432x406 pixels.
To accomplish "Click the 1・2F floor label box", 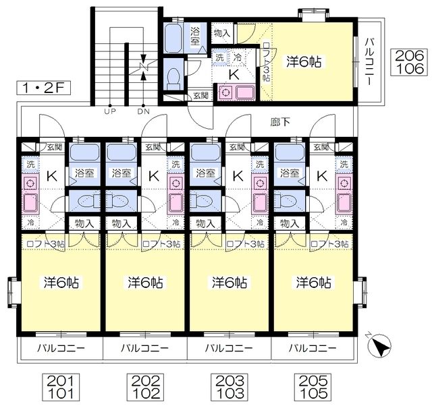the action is coord(43,88).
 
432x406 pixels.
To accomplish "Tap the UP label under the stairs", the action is coord(110,111).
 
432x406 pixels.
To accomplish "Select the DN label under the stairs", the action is coord(143,111).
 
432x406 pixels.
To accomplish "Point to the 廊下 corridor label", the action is coord(280,122).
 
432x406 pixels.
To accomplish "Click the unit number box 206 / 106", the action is coord(409,63).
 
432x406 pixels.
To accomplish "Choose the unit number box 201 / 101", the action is coord(61,386).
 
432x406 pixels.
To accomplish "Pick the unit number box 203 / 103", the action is coord(230,386).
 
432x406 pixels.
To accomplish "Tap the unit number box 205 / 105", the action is coord(313,386).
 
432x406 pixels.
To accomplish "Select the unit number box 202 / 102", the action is coord(145,386).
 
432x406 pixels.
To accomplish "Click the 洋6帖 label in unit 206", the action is coord(304,61).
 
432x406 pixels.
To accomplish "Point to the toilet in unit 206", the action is coord(173,78).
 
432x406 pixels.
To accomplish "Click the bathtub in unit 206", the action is coord(173,38).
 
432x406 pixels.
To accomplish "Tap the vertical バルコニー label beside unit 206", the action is coord(369,61).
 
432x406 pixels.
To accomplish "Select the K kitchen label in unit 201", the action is coord(52,176).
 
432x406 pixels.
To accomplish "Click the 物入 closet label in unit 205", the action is coord(290,223).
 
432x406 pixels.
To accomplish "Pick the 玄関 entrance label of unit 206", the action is coord(201,96).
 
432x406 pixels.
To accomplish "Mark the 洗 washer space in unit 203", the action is coord(260,165).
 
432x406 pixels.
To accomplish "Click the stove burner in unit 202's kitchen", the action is coord(175,183).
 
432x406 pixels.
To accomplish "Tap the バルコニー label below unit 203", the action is coord(229,348).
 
